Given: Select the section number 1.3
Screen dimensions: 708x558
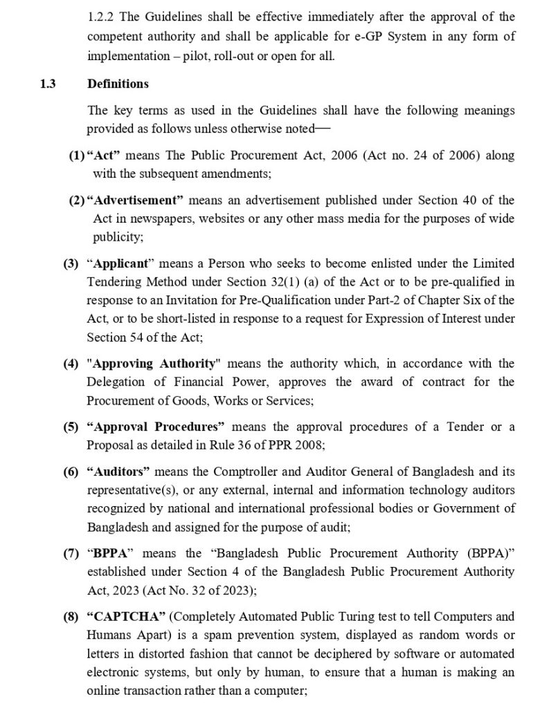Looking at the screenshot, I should [x=48, y=84].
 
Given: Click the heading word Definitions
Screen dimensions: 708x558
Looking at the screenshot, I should [x=118, y=84].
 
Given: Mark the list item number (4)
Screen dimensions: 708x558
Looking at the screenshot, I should [x=71, y=363].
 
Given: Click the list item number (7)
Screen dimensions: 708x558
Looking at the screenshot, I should [x=71, y=554].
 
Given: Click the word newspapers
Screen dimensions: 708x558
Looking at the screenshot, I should [x=147, y=218].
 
